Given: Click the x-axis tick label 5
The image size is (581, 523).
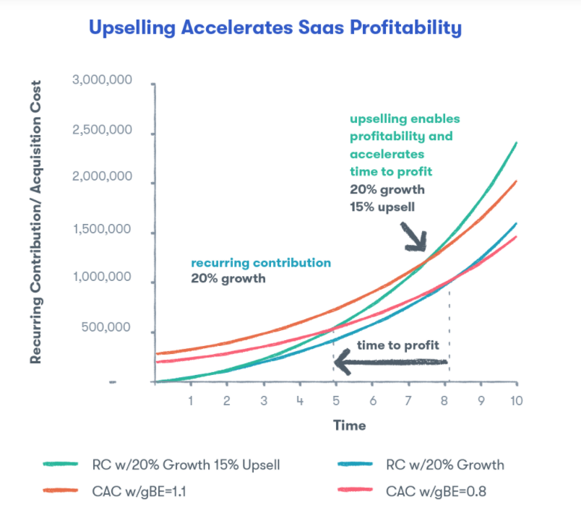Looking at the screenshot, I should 335,401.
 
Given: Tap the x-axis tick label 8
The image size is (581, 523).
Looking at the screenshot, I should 445,401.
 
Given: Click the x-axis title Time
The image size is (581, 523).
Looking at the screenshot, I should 349,425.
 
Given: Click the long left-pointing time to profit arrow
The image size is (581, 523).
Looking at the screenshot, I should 390,363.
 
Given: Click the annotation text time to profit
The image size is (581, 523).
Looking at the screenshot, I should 397,345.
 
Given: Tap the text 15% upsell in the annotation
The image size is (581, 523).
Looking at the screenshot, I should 386,204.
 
